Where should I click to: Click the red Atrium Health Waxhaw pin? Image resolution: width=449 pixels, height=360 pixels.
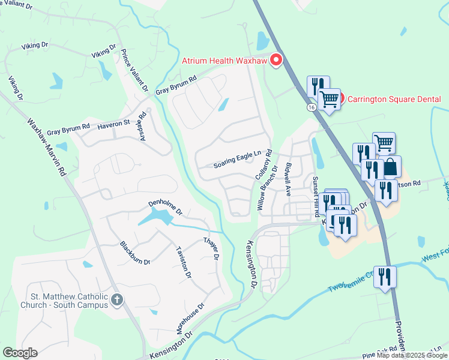click(276, 60)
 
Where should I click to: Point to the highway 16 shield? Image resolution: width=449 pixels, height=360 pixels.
click(310, 107)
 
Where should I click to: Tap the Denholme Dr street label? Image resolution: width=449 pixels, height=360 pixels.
click(165, 208)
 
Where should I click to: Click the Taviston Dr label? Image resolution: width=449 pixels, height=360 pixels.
click(183, 262)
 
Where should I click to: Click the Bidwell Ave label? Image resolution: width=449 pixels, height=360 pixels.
click(289, 179)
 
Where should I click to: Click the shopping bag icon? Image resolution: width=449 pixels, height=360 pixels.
click(390, 167)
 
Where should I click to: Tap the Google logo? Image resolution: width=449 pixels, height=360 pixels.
click(20, 353)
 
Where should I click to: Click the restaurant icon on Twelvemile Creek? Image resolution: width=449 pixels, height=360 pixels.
click(385, 277)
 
